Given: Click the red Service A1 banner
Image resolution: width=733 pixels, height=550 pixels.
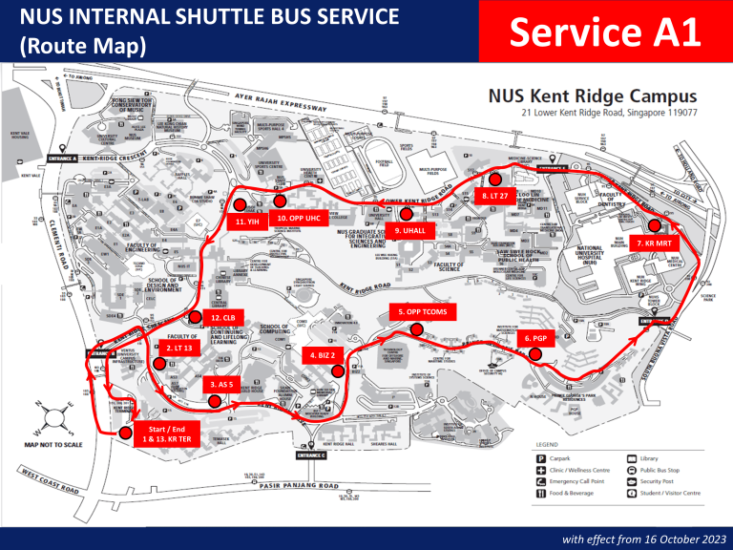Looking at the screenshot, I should pyautogui.click(x=605, y=33).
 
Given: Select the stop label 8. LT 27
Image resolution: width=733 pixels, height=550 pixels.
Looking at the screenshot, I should pyautogui.click(x=493, y=196).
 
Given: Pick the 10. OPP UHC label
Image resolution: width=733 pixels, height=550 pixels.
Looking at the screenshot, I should pyautogui.click(x=298, y=218).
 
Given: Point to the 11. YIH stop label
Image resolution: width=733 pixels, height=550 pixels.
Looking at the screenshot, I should pyautogui.click(x=247, y=222).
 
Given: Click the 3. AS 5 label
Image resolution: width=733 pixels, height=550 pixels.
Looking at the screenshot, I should pyautogui.click(x=221, y=384).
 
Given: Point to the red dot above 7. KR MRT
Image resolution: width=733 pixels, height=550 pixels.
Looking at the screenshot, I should pyautogui.click(x=655, y=226).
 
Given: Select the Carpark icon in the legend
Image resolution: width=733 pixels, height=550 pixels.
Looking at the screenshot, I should pyautogui.click(x=542, y=458).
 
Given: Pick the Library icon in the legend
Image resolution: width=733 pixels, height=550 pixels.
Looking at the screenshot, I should pyautogui.click(x=631, y=458).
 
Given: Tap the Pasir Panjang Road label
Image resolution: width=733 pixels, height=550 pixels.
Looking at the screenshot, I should pyautogui.click(x=299, y=486).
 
